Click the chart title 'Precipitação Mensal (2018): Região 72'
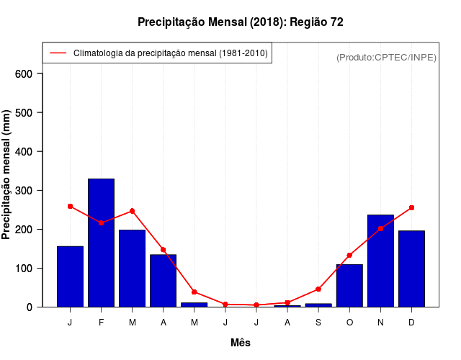click(x=240, y=22)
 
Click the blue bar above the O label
click(x=349, y=285)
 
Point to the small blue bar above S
click(x=318, y=305)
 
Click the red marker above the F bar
click(x=101, y=223)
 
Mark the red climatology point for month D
click(x=411, y=207)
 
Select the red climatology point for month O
click(x=349, y=255)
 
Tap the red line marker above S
click(x=318, y=289)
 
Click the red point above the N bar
click(x=380, y=228)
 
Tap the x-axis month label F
click(x=101, y=322)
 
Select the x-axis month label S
click(x=318, y=322)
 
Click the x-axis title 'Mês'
click(x=241, y=343)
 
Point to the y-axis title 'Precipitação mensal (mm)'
click(x=7, y=174)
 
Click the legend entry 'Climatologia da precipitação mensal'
click(x=170, y=53)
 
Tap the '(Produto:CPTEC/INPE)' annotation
click(x=386, y=57)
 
